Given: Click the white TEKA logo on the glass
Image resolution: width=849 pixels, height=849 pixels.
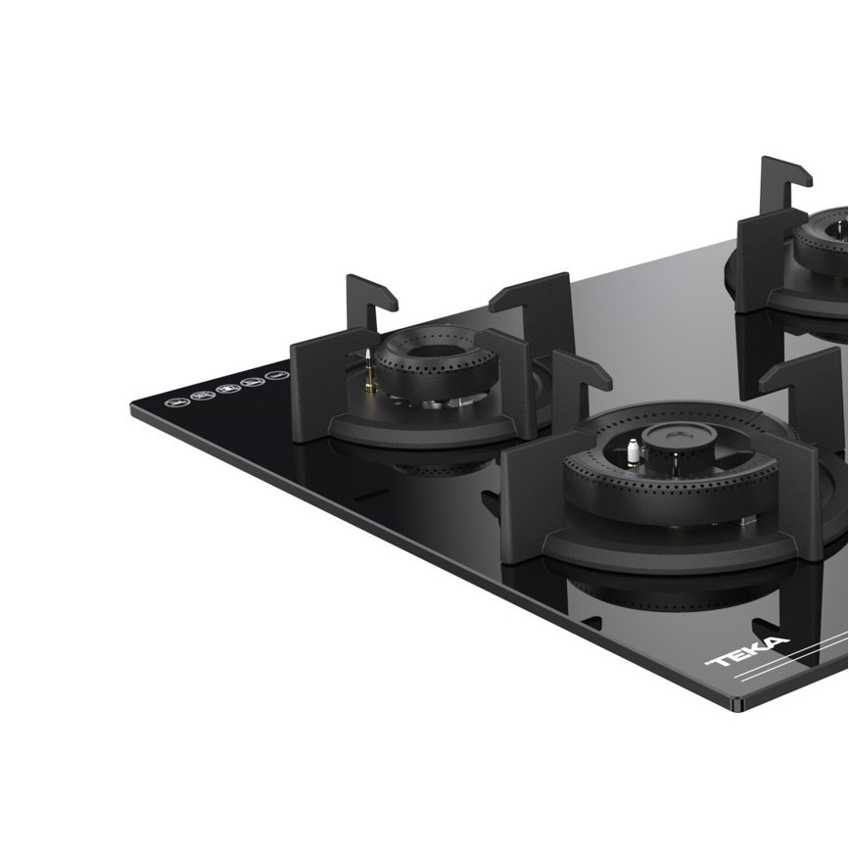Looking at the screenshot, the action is pyautogui.click(x=747, y=652).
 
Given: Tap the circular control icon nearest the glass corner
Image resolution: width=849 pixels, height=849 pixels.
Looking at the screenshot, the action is pyautogui.click(x=177, y=402).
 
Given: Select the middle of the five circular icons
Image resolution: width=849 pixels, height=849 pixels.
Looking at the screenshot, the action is pyautogui.click(x=228, y=388).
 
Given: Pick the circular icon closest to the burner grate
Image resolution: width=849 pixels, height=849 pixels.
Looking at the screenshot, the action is pyautogui.click(x=278, y=375).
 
